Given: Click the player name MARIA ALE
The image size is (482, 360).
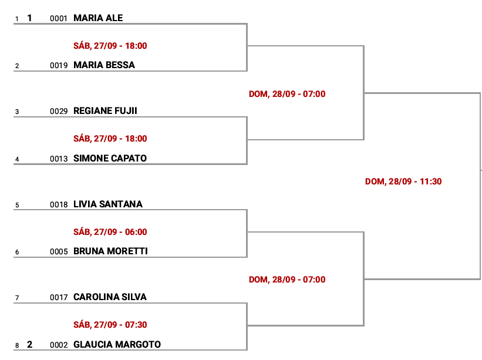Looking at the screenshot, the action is (x=98, y=18).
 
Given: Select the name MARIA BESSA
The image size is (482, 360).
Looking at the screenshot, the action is (x=104, y=65).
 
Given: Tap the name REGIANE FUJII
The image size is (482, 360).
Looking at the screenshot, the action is (x=105, y=111).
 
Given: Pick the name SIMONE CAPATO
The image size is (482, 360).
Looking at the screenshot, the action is (x=110, y=159).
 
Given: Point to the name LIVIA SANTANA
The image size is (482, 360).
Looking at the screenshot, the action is (x=108, y=204).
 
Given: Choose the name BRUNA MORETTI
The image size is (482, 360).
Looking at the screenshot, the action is (x=110, y=251).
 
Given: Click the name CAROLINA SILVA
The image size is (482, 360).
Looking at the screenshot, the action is (x=110, y=297).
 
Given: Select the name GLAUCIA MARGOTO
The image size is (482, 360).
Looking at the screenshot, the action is (x=117, y=344).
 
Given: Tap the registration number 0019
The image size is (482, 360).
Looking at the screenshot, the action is (x=59, y=66).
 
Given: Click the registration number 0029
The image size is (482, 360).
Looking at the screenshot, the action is (x=59, y=112).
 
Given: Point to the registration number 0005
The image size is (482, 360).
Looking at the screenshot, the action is (x=59, y=252).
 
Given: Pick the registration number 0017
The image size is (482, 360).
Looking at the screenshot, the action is (x=59, y=298).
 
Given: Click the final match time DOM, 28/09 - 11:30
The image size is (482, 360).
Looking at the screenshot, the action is (x=403, y=181).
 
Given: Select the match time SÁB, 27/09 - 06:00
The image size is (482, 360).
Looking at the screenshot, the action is (x=110, y=232).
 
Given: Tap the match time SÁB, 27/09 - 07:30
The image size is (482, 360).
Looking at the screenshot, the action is (x=110, y=325).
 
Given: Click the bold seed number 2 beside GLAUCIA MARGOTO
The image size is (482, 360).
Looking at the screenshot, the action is (x=29, y=344).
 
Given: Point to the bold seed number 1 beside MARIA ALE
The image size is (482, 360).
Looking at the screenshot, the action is (x=29, y=18).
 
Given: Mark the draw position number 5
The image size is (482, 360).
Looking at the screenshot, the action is (x=17, y=205).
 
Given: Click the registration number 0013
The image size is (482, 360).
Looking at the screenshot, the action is (x=59, y=159).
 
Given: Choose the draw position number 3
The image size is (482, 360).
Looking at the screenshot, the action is (x=17, y=112).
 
